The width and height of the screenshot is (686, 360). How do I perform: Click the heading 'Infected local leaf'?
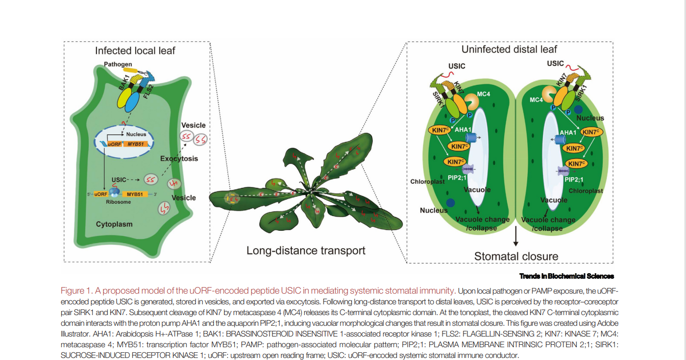(135, 51)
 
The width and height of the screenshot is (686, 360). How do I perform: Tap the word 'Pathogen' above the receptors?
(118, 64)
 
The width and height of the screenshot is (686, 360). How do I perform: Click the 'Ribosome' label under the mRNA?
(118, 202)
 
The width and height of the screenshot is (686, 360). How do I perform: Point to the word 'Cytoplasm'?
(114, 224)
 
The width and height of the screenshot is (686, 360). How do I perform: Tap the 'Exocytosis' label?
(179, 159)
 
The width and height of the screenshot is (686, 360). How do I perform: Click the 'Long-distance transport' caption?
(306, 251)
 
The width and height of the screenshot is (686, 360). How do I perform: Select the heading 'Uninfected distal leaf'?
(509, 50)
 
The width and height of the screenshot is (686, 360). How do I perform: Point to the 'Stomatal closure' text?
(516, 256)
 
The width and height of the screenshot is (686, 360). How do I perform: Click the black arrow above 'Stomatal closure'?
(516, 237)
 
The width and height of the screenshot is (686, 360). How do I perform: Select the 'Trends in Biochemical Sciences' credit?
(567, 276)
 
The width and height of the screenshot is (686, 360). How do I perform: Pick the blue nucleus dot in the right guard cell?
(579, 109)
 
